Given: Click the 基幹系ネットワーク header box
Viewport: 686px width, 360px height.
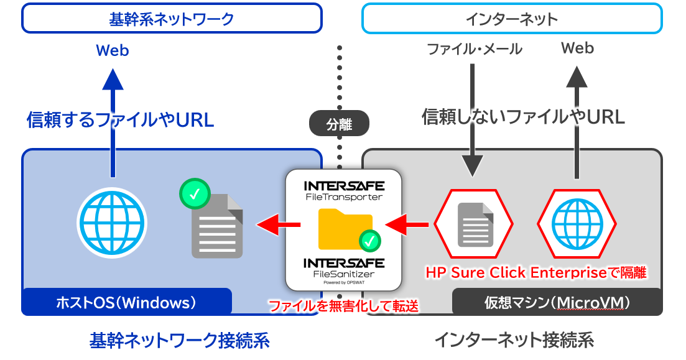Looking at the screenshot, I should pyautogui.click(x=172, y=19).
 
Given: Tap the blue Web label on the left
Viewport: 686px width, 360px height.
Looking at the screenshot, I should pyautogui.click(x=113, y=50).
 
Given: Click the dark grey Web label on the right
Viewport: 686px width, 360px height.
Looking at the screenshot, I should pyautogui.click(x=577, y=48).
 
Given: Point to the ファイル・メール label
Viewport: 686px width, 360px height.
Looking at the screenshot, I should pyautogui.click(x=475, y=49).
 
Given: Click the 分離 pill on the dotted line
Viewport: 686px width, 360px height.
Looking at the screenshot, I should pyautogui.click(x=339, y=124).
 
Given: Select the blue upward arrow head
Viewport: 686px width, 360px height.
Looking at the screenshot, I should pyautogui.click(x=113, y=81).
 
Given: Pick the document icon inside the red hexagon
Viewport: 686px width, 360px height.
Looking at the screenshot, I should pyautogui.click(x=475, y=223).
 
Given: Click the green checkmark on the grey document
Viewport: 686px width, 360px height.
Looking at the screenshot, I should pyautogui.click(x=195, y=195).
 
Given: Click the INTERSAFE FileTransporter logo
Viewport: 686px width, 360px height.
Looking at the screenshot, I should pyautogui.click(x=343, y=190).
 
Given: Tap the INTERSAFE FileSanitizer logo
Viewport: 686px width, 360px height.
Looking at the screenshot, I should pyautogui.click(x=343, y=269).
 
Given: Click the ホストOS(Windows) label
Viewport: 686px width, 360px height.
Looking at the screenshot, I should pyautogui.click(x=126, y=303).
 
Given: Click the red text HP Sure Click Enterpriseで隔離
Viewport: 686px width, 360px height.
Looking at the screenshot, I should pyautogui.click(x=535, y=272).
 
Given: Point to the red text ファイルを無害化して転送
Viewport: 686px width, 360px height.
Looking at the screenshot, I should pyautogui.click(x=342, y=306).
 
